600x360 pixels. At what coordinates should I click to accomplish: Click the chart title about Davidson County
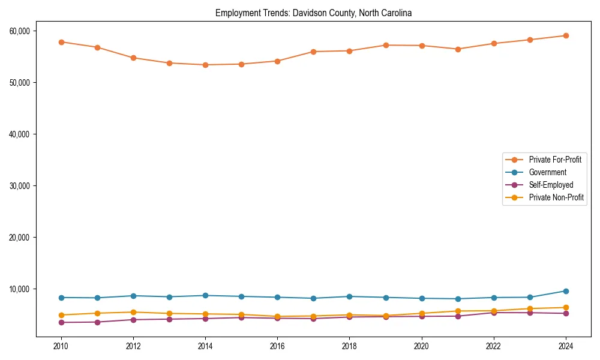(x=313, y=13)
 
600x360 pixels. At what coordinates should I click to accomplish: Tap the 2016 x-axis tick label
(x=277, y=346)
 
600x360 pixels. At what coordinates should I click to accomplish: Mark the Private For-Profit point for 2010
(x=61, y=42)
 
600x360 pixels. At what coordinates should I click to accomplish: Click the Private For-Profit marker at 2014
(x=205, y=65)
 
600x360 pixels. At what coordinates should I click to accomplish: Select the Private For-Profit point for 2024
(x=565, y=35)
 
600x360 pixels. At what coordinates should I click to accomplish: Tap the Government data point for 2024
(x=565, y=291)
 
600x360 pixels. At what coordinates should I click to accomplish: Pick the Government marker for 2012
(x=133, y=296)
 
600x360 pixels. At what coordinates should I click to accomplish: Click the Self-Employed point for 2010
(x=61, y=322)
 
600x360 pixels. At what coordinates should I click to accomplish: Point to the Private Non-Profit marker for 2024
(x=565, y=308)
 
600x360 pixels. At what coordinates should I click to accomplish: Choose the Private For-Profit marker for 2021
(x=458, y=49)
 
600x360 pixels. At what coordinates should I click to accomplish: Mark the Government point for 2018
(x=349, y=296)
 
